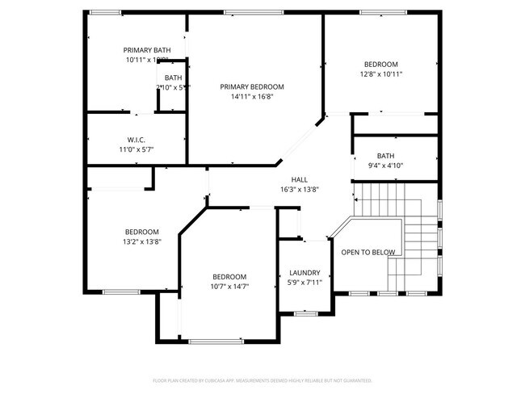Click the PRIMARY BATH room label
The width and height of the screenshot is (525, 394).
click(x=146, y=50)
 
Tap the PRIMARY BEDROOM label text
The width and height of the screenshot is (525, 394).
click(x=252, y=86)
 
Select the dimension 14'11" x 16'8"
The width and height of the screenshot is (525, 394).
click(x=252, y=97)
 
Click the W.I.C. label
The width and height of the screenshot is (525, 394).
click(x=136, y=139)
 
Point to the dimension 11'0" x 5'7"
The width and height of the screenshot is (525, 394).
click(x=136, y=149)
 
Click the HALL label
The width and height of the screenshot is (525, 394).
click(x=299, y=179)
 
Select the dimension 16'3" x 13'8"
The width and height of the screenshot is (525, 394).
click(x=299, y=190)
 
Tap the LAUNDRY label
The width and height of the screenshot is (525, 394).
click(x=304, y=273)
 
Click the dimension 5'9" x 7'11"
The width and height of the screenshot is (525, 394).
click(x=304, y=283)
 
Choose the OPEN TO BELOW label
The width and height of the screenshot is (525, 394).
click(x=367, y=253)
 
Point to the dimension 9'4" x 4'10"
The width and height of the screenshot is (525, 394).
click(x=385, y=166)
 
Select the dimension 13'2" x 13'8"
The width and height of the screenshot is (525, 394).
click(x=141, y=241)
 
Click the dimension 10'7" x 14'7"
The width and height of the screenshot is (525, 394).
click(x=229, y=287)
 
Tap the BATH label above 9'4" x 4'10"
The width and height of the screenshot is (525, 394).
click(x=385, y=156)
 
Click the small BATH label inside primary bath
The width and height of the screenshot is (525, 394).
click(x=173, y=78)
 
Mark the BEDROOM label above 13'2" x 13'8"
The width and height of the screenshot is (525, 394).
click(x=141, y=231)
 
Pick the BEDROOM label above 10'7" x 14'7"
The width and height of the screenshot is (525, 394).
click(x=229, y=276)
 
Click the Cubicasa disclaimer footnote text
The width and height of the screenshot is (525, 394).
click(x=262, y=379)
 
